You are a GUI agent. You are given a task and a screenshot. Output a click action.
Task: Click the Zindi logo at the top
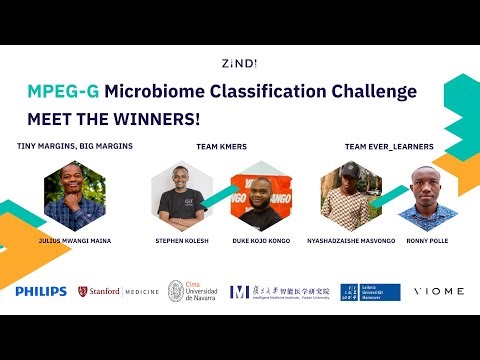[x=239, y=63]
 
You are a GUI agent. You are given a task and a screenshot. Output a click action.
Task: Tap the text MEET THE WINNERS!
[x=113, y=118]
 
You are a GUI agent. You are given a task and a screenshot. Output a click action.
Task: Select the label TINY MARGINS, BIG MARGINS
[x=75, y=146]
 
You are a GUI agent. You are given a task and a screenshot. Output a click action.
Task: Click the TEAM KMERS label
[x=221, y=146]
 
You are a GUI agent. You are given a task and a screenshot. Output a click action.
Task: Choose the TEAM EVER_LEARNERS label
[x=389, y=146]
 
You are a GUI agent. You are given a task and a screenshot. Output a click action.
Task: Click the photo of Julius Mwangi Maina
[x=75, y=195]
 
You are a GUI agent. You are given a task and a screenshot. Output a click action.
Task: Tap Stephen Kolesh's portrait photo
[x=182, y=193]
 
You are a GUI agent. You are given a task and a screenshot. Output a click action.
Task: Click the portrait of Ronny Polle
[x=432, y=196]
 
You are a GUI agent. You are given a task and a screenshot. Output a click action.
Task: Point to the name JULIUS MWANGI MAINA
[x=75, y=241]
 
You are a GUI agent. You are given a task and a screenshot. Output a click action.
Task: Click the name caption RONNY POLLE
[x=433, y=241]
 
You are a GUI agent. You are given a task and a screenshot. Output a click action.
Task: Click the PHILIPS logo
[x=41, y=291]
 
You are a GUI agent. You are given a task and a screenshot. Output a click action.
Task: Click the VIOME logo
[x=440, y=291]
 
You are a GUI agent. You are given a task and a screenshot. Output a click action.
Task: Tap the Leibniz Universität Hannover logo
[x=369, y=291]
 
